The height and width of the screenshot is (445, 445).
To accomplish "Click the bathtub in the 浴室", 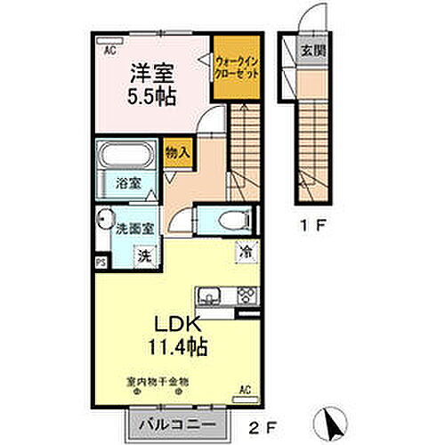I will pos(125,158).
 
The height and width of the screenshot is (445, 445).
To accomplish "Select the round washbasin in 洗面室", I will pos(104,219).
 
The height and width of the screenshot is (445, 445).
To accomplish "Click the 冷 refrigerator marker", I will pos(243,253).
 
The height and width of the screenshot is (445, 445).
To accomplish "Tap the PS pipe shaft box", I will pos(101,263).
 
